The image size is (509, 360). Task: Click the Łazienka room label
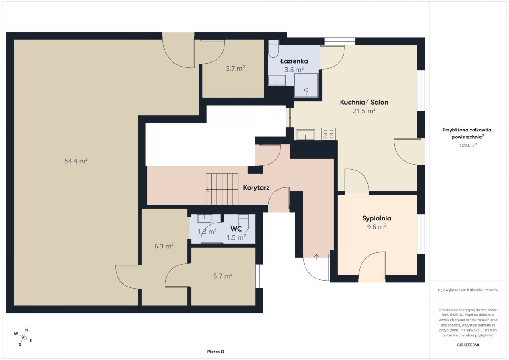pyautogui.click(x=294, y=61)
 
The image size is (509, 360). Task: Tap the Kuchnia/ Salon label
pyautogui.click(x=364, y=103)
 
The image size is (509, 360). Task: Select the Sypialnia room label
pyautogui.click(x=377, y=218)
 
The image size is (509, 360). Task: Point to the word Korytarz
pyautogui.click(x=256, y=187)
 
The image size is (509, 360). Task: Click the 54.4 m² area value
pyautogui.click(x=76, y=161)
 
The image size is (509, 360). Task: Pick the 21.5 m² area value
pyautogui.click(x=364, y=111)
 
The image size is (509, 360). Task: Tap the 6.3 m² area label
pyautogui.click(x=164, y=246)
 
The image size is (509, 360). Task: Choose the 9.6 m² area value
pyautogui.click(x=377, y=227)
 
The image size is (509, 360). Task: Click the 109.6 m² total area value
pyautogui.click(x=468, y=145)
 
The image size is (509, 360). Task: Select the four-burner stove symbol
pyautogui.click(x=328, y=134)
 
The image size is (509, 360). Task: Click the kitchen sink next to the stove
pyautogui.click(x=306, y=134)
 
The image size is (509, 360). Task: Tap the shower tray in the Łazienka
pyautogui.click(x=306, y=85)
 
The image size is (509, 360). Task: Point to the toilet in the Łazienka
pyautogui.click(x=273, y=49)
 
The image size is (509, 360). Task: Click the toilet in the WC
pyautogui.click(x=243, y=223)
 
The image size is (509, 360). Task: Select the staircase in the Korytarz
pyautogui.click(x=222, y=189)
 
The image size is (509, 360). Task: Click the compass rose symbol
pyautogui.click(x=23, y=337)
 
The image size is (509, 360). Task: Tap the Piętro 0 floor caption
pyautogui.click(x=215, y=352)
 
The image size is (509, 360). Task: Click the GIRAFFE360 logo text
pyautogui.click(x=468, y=345)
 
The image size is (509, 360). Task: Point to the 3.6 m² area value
pyautogui.click(x=294, y=70)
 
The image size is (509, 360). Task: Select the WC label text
pyautogui.click(x=236, y=229)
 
